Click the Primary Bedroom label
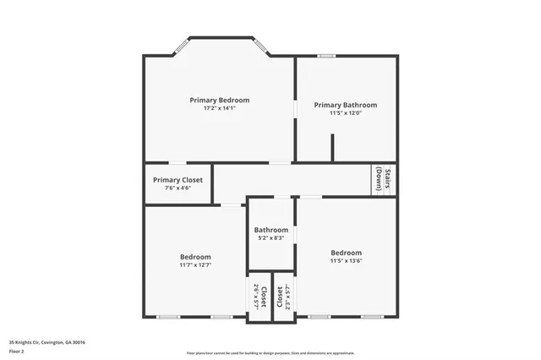[220, 100]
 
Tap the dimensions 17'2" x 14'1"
[220, 109]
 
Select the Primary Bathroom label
[345, 105]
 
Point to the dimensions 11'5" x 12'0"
[345, 114]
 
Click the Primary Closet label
[178, 179]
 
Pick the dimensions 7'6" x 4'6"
[178, 188]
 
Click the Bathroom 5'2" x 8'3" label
[271, 230]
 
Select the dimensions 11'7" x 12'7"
[195, 265]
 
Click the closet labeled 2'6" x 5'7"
[259, 297]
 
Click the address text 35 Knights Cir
[47, 342]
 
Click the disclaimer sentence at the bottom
[270, 352]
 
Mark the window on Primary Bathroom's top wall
[326, 57]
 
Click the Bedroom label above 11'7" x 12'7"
[195, 257]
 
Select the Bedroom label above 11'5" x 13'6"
[346, 253]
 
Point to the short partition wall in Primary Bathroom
[332, 147]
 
